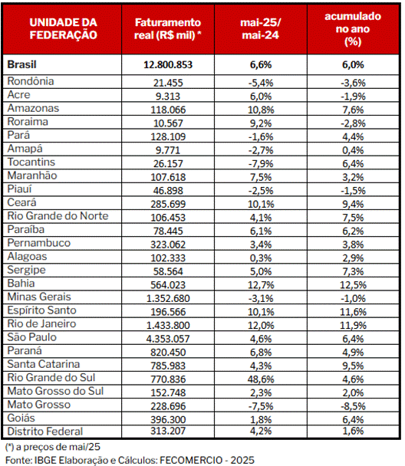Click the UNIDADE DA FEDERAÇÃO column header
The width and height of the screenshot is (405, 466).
pyautogui.click(x=63, y=29)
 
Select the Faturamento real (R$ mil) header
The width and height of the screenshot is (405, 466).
pyautogui.click(x=168, y=29)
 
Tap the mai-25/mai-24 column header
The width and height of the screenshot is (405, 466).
pyautogui.click(x=261, y=29)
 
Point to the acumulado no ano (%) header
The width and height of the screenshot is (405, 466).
pyautogui.click(x=353, y=29)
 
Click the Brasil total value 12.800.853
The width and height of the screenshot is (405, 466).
pyautogui.click(x=168, y=65)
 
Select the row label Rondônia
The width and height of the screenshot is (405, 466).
pyautogui.click(x=31, y=81)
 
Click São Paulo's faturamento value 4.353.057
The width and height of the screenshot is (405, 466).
pyautogui.click(x=168, y=339)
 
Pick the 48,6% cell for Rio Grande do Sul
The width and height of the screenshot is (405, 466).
pyautogui.click(x=261, y=379)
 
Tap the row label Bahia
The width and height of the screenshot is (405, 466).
pyautogui.click(x=21, y=284)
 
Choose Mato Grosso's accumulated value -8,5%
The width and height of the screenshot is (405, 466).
pyautogui.click(x=353, y=406)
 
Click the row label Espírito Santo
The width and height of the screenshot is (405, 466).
pyautogui.click(x=41, y=310)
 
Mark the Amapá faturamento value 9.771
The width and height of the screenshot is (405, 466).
pyautogui.click(x=168, y=150)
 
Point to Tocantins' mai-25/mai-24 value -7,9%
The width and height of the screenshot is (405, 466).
pyautogui.click(x=261, y=164)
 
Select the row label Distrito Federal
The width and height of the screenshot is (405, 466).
pyautogui.click(x=45, y=432)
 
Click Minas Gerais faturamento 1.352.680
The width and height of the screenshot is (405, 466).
pyautogui.click(x=168, y=298)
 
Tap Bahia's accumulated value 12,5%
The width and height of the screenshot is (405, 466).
pyautogui.click(x=353, y=285)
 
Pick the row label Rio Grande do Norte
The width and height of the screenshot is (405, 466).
pyautogui.click(x=58, y=216)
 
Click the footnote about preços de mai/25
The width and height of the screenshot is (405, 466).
pyautogui.click(x=53, y=447)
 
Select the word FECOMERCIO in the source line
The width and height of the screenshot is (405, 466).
pyautogui.click(x=191, y=461)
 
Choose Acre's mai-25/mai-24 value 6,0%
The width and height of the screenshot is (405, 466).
pyautogui.click(x=261, y=97)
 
